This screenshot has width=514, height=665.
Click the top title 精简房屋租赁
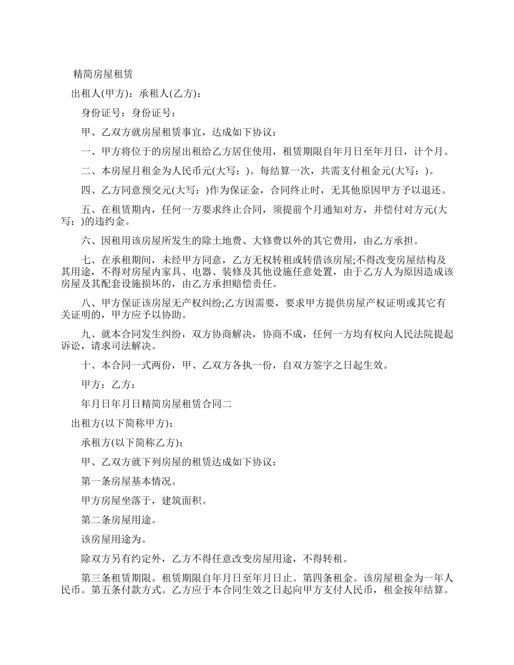(x=103, y=74)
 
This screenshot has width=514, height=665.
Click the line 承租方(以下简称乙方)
(x=132, y=442)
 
